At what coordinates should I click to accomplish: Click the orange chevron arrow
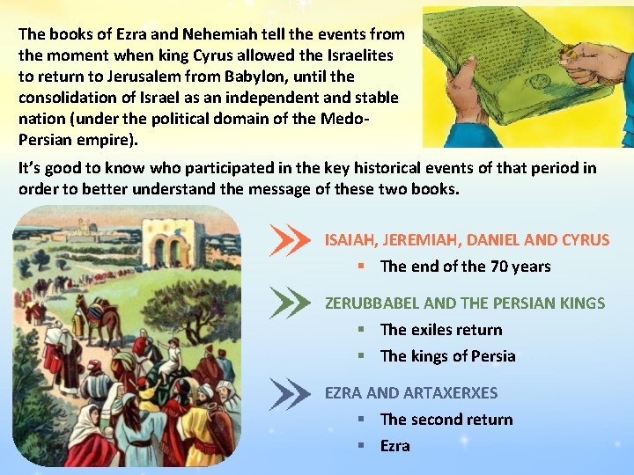(291, 240)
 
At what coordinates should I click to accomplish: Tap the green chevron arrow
(291, 303)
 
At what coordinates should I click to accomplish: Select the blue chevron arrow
(291, 393)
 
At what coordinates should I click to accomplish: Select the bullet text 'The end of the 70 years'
(465, 266)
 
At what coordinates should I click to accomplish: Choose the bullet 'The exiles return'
(441, 330)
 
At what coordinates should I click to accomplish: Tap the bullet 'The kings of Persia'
(447, 356)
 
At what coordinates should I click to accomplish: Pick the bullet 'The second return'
(446, 420)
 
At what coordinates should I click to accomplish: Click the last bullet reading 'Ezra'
(394, 446)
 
